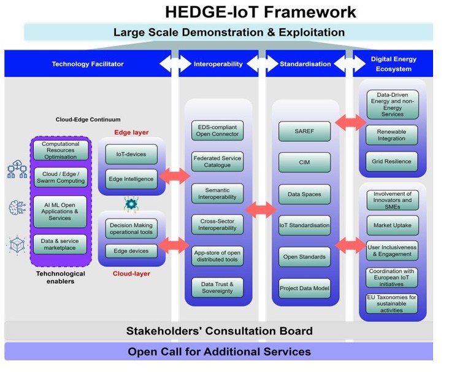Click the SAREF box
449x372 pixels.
click(304, 131)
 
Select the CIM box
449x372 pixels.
click(304, 162)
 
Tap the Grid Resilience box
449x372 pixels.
click(391, 161)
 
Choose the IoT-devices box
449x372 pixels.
click(131, 154)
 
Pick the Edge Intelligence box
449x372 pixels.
click(131, 179)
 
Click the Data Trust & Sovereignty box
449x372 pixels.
click(217, 287)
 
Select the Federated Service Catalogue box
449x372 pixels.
click(217, 161)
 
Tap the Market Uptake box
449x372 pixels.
click(393, 225)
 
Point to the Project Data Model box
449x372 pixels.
click(304, 289)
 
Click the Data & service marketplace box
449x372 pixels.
click(60, 244)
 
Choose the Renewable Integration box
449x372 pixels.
click(391, 135)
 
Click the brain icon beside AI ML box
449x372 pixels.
click(17, 207)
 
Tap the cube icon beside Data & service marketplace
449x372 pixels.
click(17, 244)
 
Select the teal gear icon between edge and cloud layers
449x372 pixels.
click(131, 204)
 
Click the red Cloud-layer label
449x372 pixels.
click(131, 274)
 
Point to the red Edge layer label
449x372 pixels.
click(131, 133)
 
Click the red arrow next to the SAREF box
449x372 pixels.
click(351, 122)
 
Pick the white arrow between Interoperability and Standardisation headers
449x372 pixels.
click(263, 63)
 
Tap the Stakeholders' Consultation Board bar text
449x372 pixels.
click(220, 331)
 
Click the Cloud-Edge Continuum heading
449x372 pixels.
click(88, 120)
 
